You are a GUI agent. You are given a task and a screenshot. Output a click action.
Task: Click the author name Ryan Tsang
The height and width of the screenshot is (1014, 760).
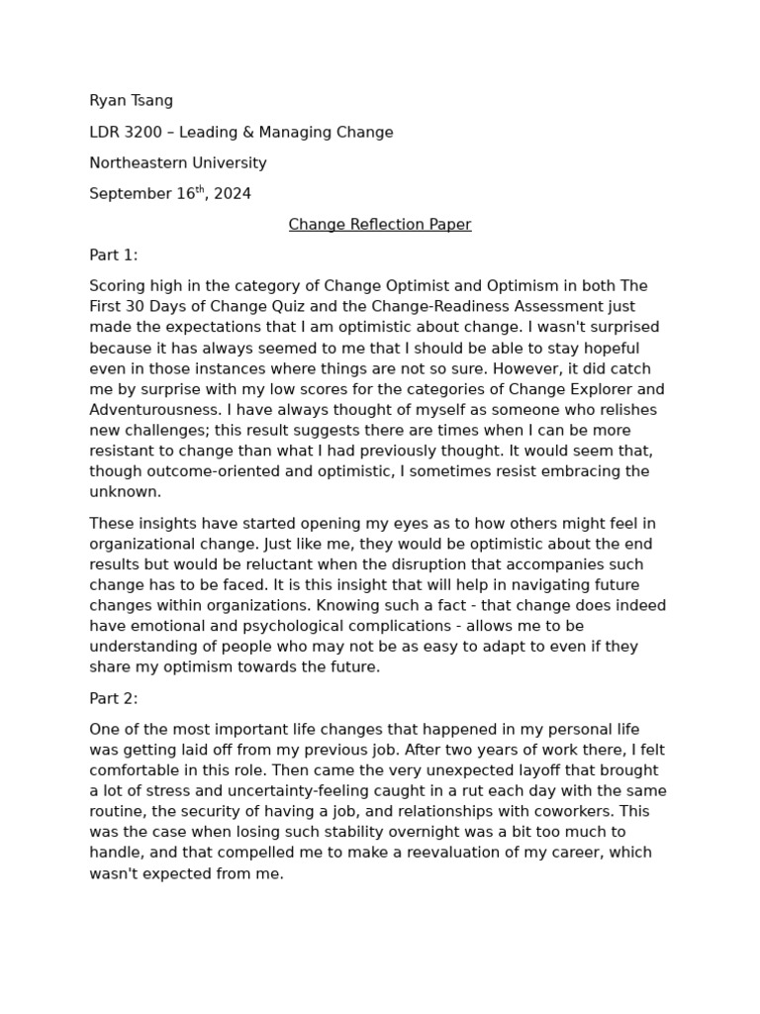point(131,101)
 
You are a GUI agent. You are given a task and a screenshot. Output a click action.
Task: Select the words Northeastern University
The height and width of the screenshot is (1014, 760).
point(178,162)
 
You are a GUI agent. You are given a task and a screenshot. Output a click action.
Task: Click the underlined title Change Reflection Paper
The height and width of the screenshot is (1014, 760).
point(380,225)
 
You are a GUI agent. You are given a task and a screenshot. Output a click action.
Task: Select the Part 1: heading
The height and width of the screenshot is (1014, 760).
point(114,255)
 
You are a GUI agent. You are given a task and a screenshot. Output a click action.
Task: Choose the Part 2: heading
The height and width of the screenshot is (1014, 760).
point(114,698)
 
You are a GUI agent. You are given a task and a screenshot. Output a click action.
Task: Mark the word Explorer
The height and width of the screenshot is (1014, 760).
point(574,389)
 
